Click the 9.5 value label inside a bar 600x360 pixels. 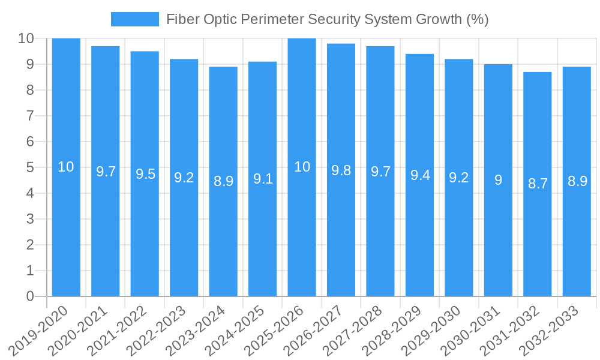pos(145,174)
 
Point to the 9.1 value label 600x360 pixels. pos(263,178)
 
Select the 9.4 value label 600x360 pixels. pos(420,175)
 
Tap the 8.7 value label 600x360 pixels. pos(538,184)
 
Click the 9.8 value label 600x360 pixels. pos(341,170)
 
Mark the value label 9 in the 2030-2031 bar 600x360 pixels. pos(498,179)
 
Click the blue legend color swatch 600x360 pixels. pos(135,19)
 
